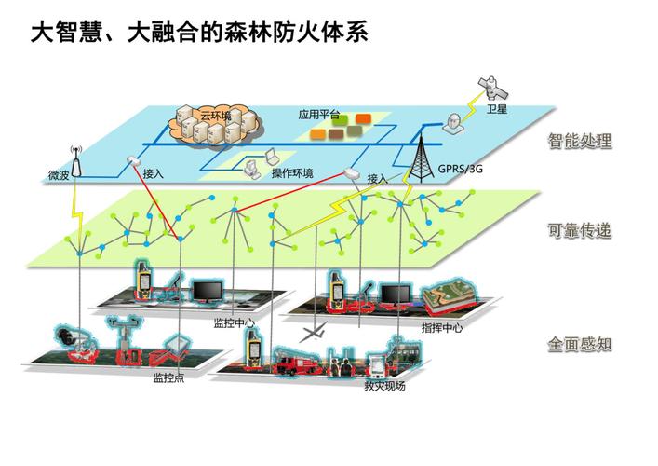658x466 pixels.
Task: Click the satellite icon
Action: tap(493, 87)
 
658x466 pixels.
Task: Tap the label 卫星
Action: tap(497, 109)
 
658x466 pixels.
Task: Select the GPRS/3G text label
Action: tap(461, 169)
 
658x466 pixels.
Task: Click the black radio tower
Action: tap(421, 155)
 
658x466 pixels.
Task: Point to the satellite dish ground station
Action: tap(453, 124)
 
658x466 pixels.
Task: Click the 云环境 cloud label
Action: tap(216, 116)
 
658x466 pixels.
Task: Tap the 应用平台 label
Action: tap(319, 115)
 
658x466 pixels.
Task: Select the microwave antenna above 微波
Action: tap(76, 162)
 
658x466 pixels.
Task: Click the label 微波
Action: tap(59, 175)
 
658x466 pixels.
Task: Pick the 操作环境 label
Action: tap(292, 172)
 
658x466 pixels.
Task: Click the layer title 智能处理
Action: tap(580, 141)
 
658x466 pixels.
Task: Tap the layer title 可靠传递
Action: tap(580, 230)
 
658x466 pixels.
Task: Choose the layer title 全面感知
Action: tap(580, 345)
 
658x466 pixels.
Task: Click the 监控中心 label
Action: tap(235, 322)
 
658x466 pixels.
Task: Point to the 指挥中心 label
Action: tap(442, 328)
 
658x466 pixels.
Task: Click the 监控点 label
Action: tap(168, 377)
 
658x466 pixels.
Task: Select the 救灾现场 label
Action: tap(384, 386)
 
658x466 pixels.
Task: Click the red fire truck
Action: tap(297, 362)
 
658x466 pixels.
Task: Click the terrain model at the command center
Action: tap(450, 298)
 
